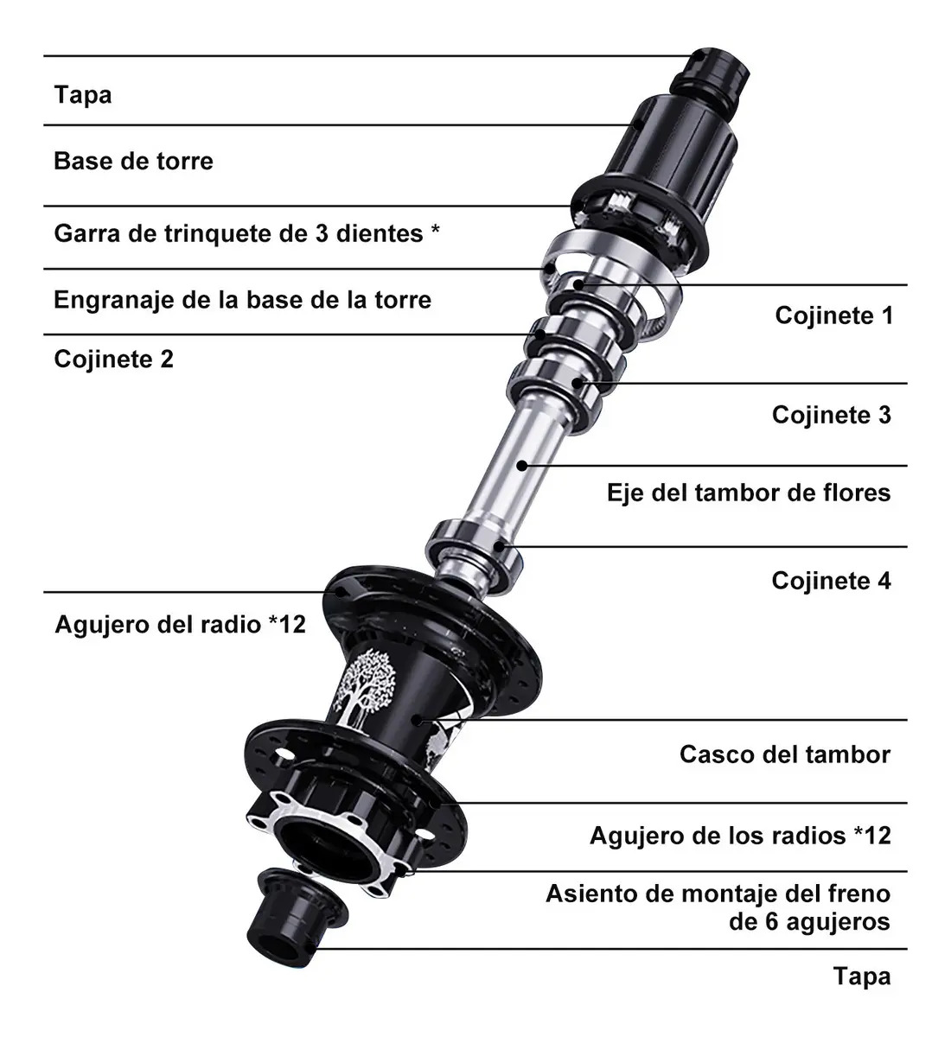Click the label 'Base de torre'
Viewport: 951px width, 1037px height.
133,161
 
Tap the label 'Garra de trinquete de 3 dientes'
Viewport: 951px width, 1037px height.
239,233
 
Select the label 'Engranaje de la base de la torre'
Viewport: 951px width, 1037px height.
243,300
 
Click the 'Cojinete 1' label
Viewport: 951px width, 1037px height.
833,315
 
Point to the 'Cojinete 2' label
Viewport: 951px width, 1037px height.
114,359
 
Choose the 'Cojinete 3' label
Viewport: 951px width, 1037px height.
832,415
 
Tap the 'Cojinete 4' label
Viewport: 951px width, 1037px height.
832,581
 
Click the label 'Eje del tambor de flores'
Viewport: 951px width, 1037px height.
749,493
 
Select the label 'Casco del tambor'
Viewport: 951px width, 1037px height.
785,754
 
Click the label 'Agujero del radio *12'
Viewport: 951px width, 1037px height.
180,625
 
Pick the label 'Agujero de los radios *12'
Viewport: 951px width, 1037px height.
740,836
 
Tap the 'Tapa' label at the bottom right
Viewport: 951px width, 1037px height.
862,976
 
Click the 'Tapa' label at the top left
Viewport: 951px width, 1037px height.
83,94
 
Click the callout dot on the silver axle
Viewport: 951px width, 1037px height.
522,466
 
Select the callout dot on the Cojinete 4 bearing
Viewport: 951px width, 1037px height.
498,546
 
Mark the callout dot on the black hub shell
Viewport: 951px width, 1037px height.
417,720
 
